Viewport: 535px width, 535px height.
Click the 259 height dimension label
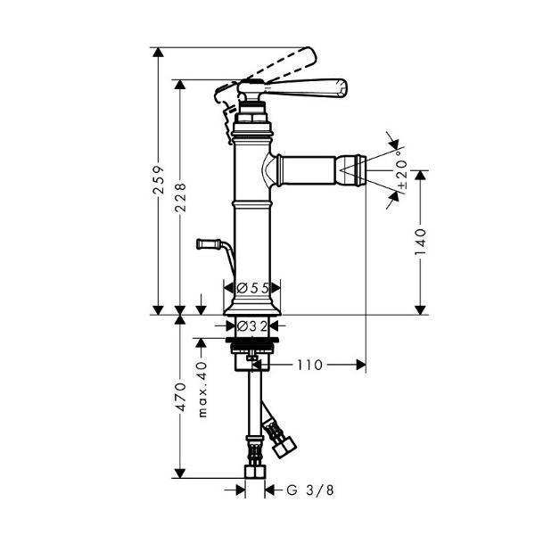point(159,180)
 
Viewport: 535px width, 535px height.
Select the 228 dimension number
point(180,198)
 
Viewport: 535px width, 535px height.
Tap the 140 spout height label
point(420,242)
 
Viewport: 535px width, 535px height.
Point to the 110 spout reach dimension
point(309,365)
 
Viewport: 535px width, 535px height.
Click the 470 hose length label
point(180,397)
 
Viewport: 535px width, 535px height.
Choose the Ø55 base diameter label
point(253,288)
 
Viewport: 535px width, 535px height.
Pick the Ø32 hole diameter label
point(252,326)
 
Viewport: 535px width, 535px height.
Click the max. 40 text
point(202,390)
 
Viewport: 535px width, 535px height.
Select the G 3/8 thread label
point(310,490)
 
